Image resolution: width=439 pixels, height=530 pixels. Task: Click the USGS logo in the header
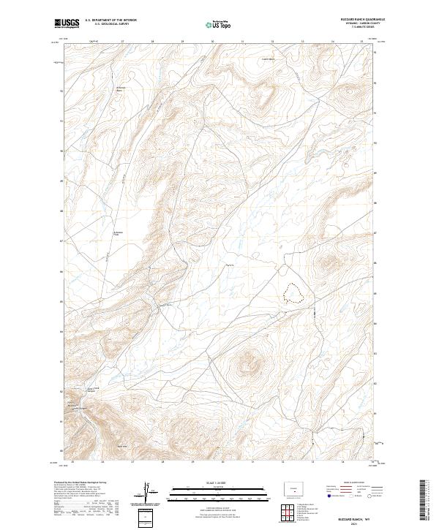tap(67, 24)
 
